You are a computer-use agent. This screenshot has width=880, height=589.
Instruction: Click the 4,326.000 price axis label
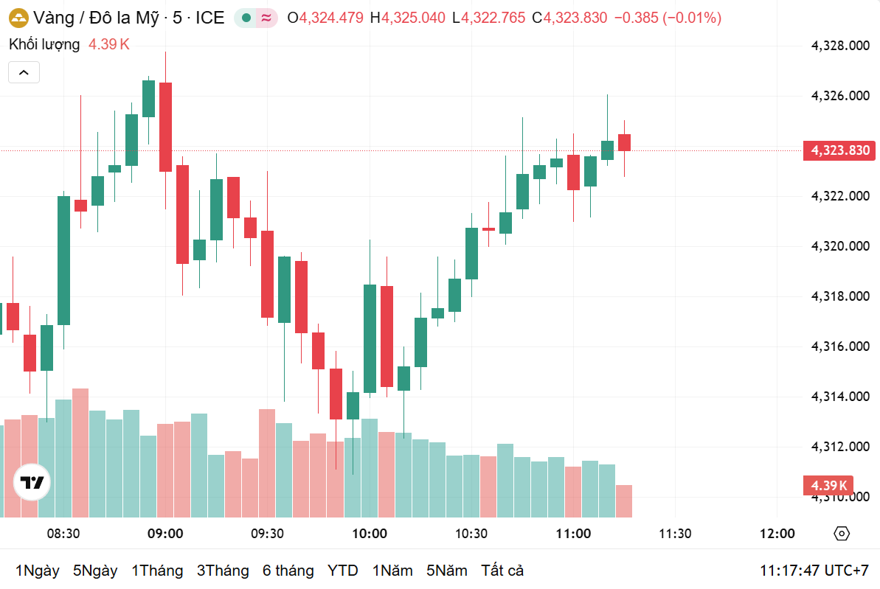[x=840, y=96]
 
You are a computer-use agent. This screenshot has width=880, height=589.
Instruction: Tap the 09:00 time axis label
[x=165, y=534]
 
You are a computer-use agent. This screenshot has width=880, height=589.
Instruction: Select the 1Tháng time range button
[x=157, y=571]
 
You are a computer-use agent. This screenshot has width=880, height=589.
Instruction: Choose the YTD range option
[x=342, y=571]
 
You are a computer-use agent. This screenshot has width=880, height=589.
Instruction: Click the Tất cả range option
[x=502, y=571]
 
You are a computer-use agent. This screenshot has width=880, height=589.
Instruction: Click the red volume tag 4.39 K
[x=828, y=485]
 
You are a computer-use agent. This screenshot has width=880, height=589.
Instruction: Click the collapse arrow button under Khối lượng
[x=24, y=72]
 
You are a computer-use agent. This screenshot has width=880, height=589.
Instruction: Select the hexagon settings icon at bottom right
[x=842, y=534]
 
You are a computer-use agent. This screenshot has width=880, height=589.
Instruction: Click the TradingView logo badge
[x=32, y=483]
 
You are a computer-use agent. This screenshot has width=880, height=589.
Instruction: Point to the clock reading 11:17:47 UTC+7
[x=814, y=571]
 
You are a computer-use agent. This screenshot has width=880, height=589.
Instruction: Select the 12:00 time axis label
[x=777, y=534]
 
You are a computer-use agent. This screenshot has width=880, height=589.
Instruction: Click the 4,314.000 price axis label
[x=840, y=397]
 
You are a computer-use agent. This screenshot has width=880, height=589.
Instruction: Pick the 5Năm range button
[x=447, y=571]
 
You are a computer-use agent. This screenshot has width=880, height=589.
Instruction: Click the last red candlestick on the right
[x=624, y=142]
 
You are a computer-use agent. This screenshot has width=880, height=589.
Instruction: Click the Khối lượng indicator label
[x=44, y=44]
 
